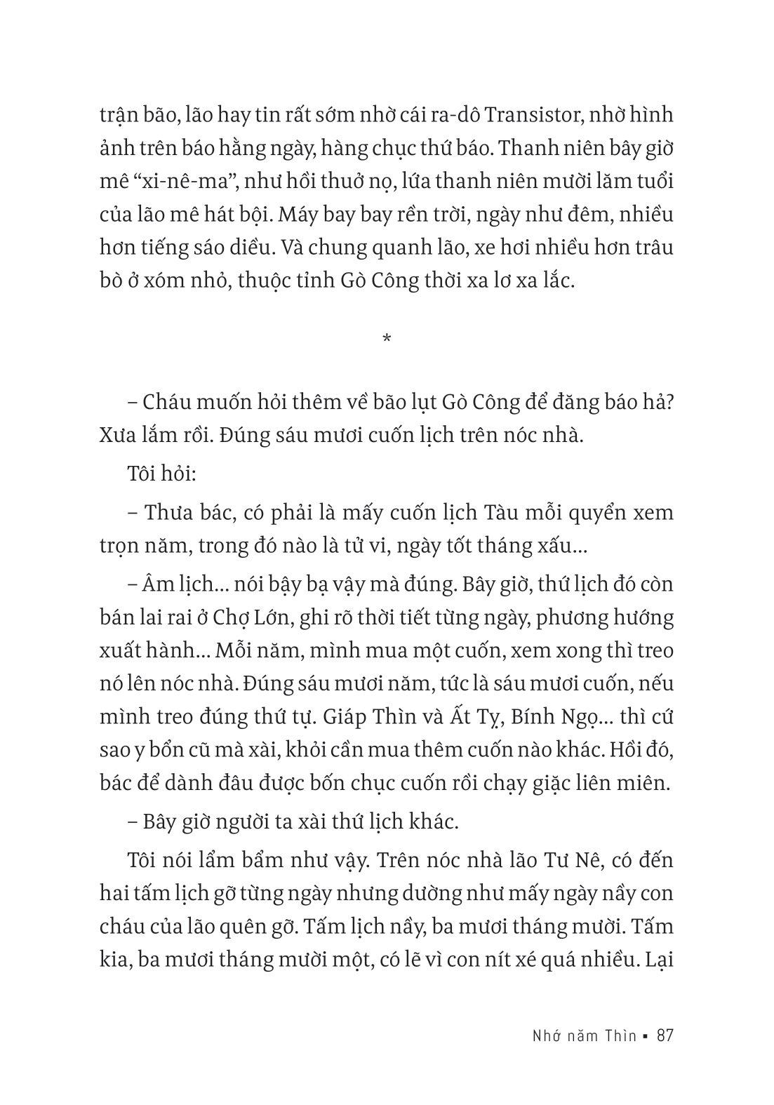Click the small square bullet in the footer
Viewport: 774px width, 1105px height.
[645, 1036]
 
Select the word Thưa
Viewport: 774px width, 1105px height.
[174, 512]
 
